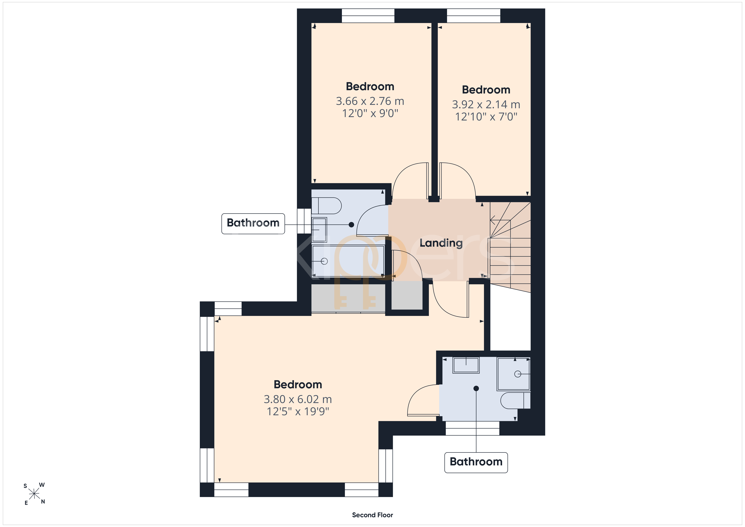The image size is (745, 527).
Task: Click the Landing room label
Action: tap(441, 243)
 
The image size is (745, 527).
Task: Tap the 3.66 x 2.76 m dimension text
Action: tap(370, 101)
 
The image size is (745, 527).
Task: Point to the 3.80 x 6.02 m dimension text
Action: tap(298, 399)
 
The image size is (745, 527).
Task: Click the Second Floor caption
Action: tap(372, 515)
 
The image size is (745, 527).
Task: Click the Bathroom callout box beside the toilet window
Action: tap(253, 223)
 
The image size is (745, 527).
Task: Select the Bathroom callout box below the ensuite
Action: tap(476, 462)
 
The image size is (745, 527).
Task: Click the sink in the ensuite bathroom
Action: tap(466, 365)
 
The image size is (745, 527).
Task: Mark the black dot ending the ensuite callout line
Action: tap(476, 388)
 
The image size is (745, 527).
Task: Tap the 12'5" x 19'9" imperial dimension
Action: tap(298, 411)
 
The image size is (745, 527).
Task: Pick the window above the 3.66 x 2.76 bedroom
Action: tap(368, 16)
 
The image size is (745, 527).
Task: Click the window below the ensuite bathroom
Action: tap(472, 428)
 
